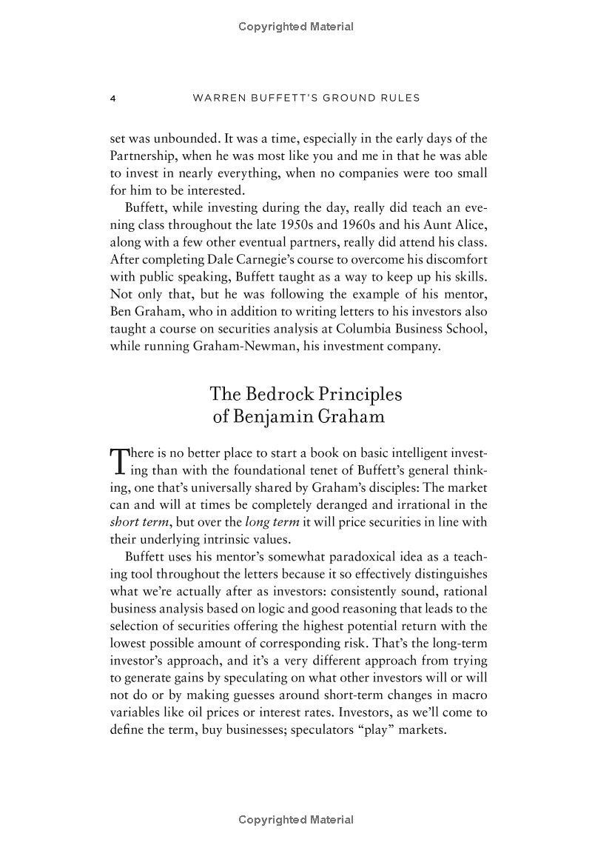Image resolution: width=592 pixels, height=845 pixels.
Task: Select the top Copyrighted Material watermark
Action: pos(296,27)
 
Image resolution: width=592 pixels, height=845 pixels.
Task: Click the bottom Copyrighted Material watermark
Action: pos(296,820)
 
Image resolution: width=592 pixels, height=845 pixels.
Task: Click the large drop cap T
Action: pos(118,461)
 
